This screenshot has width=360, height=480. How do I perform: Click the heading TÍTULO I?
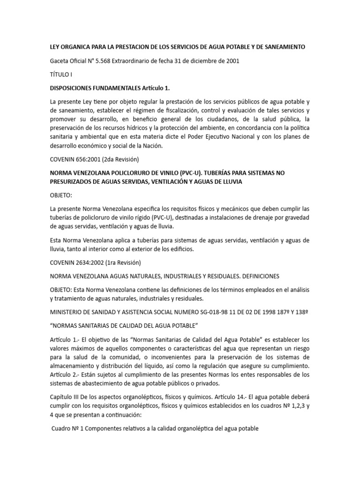(x=62, y=74)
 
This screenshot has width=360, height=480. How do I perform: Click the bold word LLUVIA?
(x=230, y=181)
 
